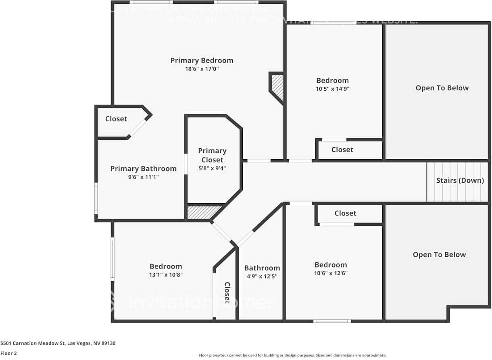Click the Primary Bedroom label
coord(202,60)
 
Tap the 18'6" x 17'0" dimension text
coord(202,69)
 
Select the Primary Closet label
coord(212,155)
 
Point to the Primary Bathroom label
coord(144,169)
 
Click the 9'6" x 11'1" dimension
coord(144,177)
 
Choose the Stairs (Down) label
coord(460,180)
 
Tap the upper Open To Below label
coord(442,88)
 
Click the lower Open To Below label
coord(439,254)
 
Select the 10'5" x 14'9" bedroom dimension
coord(332,89)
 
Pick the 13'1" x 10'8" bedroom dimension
coord(166,275)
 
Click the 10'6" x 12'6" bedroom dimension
coord(331,273)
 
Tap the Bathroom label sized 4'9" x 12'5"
coord(262,268)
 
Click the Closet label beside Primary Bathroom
coord(116,119)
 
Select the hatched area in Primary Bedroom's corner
coord(278,87)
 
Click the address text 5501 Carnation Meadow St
coord(58,343)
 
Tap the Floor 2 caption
coord(8,353)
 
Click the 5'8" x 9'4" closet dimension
coord(212,168)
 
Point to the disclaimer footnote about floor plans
coord(293,355)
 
